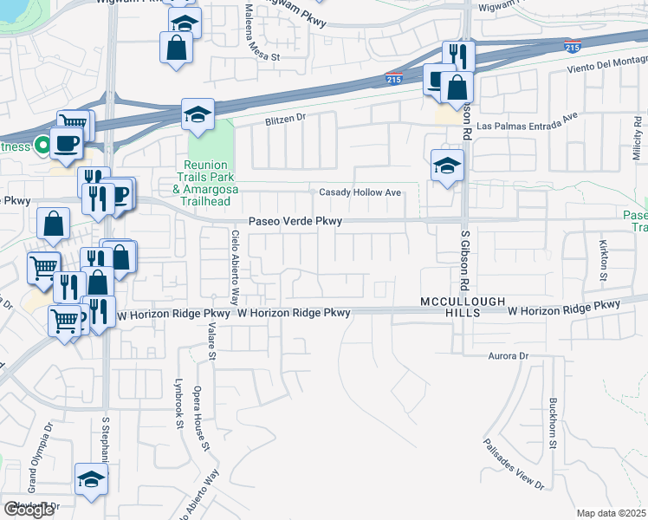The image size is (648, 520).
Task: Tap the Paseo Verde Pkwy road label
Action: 295,222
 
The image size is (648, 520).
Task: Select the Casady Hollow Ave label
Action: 360,192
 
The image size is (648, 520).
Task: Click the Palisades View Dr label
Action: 516,461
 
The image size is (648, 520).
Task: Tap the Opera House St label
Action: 202,419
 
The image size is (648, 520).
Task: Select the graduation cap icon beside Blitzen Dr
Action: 198,114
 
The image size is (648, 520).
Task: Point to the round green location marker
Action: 41,145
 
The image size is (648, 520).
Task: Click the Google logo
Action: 29,510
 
